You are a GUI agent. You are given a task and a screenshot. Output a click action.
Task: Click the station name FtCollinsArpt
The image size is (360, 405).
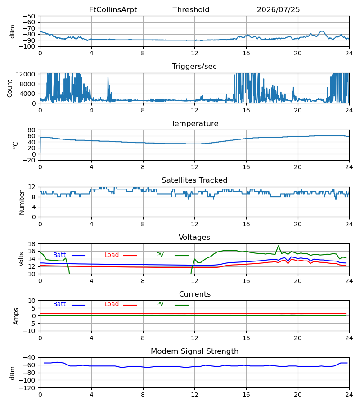[113, 10]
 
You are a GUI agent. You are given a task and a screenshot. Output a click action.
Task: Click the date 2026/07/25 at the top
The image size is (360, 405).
[278, 10]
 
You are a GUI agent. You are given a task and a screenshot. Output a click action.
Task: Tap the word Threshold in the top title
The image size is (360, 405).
[191, 10]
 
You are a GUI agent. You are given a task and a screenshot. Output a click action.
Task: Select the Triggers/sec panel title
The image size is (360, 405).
[194, 67]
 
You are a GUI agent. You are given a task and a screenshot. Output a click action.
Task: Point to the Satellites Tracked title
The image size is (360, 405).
[194, 180]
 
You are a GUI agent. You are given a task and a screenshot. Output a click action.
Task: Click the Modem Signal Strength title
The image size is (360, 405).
[194, 351]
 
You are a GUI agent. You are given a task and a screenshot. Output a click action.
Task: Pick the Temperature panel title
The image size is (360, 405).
[194, 123]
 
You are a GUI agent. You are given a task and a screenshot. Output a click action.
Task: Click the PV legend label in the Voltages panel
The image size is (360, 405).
[160, 255]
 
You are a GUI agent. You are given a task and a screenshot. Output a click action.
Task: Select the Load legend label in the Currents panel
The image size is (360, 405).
[112, 304]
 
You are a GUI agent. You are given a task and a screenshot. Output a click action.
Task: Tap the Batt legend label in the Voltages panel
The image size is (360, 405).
[59, 255]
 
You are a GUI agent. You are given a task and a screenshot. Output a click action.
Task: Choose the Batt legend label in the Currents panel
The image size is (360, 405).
[59, 304]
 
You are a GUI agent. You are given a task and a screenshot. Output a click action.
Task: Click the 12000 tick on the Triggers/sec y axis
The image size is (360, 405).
[26, 74]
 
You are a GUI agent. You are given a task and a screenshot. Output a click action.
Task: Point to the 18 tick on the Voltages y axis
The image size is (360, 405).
[32, 244]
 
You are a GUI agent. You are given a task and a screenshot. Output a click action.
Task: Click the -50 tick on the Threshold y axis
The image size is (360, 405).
[29, 16]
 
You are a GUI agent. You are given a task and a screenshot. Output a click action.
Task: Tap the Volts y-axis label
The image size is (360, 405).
[21, 259]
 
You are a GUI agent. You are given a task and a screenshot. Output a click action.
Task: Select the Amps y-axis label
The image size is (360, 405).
[16, 316]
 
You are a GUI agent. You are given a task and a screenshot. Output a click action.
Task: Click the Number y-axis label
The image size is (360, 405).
[22, 202]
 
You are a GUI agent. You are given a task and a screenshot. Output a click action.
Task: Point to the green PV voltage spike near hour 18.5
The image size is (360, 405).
[279, 246]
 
